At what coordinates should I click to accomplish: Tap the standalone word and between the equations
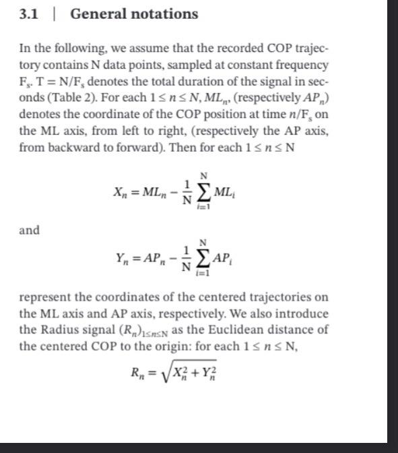(x=29, y=230)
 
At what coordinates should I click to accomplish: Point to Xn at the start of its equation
(x=121, y=194)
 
